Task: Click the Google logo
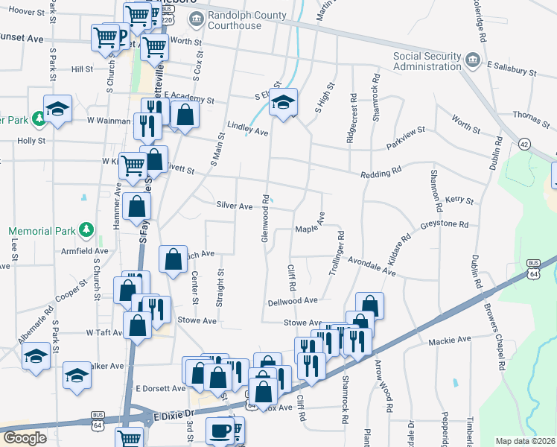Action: click(x=25, y=438)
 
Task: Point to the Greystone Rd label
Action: click(x=444, y=223)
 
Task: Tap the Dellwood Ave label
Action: click(x=293, y=300)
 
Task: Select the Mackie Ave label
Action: click(x=450, y=340)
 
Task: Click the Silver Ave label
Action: click(x=235, y=205)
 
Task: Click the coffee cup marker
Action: click(x=220, y=430)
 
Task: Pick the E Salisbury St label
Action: click(x=512, y=69)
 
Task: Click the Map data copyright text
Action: click(x=525, y=441)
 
